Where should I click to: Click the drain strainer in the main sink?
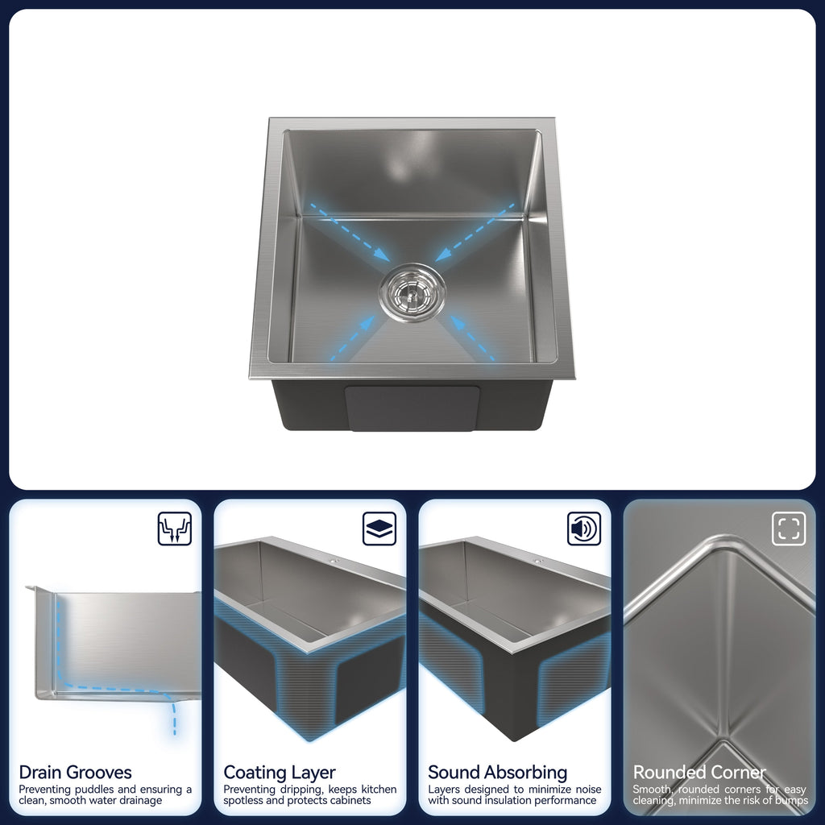click(412, 292)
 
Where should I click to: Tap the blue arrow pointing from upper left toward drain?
click(350, 232)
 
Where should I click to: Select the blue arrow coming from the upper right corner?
click(475, 232)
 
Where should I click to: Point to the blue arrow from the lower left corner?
click(353, 338)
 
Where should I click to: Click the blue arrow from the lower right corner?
click(472, 338)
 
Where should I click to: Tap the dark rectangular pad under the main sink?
click(412, 408)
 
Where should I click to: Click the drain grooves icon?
click(175, 529)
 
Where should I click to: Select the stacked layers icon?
click(379, 529)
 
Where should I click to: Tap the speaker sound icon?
click(584, 529)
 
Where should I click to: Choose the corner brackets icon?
click(789, 529)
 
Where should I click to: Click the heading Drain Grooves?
click(75, 772)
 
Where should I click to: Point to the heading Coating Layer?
click(280, 773)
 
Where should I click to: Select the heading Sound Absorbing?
click(498, 773)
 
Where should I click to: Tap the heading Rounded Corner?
click(699, 772)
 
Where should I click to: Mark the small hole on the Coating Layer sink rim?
click(334, 562)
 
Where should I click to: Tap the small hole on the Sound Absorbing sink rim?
click(538, 562)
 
